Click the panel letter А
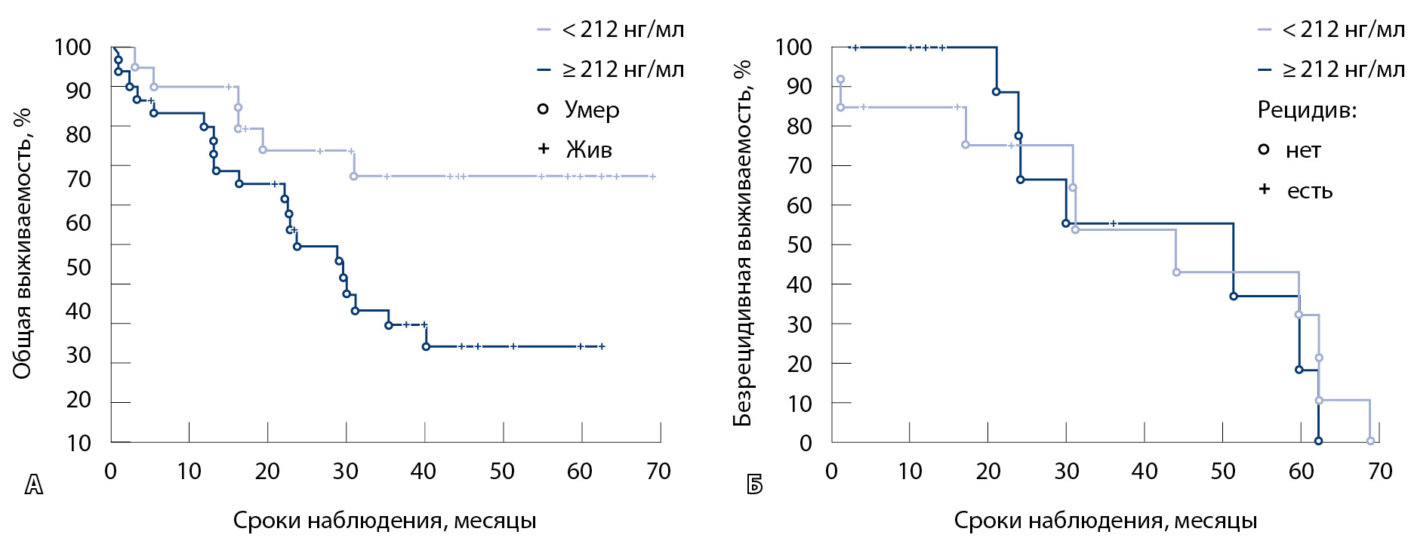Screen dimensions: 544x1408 tap(34, 485)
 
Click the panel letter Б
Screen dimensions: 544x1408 tap(754, 485)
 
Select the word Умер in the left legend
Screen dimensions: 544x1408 tap(592, 110)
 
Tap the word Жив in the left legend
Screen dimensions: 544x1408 tap(589, 149)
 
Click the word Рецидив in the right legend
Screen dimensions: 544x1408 tap(1306, 110)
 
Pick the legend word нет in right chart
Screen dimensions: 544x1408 tap(1303, 150)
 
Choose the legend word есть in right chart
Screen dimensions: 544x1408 tap(1310, 191)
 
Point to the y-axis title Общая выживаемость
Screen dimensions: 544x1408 tap(22, 243)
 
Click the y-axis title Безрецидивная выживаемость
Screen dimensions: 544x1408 tap(743, 243)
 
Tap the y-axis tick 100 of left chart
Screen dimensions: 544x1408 tap(72, 48)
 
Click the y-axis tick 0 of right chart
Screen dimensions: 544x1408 tap(806, 443)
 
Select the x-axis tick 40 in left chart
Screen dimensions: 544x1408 tap(424, 472)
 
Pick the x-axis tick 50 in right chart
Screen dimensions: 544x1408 tap(1223, 472)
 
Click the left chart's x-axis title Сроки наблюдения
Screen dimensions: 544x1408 tap(384, 521)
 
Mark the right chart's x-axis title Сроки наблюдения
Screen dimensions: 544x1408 tap(1105, 521)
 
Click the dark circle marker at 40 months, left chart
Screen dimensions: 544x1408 tap(426, 346)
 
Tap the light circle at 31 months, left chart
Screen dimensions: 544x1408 tap(353, 177)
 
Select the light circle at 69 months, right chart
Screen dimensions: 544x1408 tap(1370, 441)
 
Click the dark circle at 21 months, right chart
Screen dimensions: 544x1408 tap(996, 92)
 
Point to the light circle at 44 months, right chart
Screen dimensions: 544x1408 tap(1176, 272)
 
